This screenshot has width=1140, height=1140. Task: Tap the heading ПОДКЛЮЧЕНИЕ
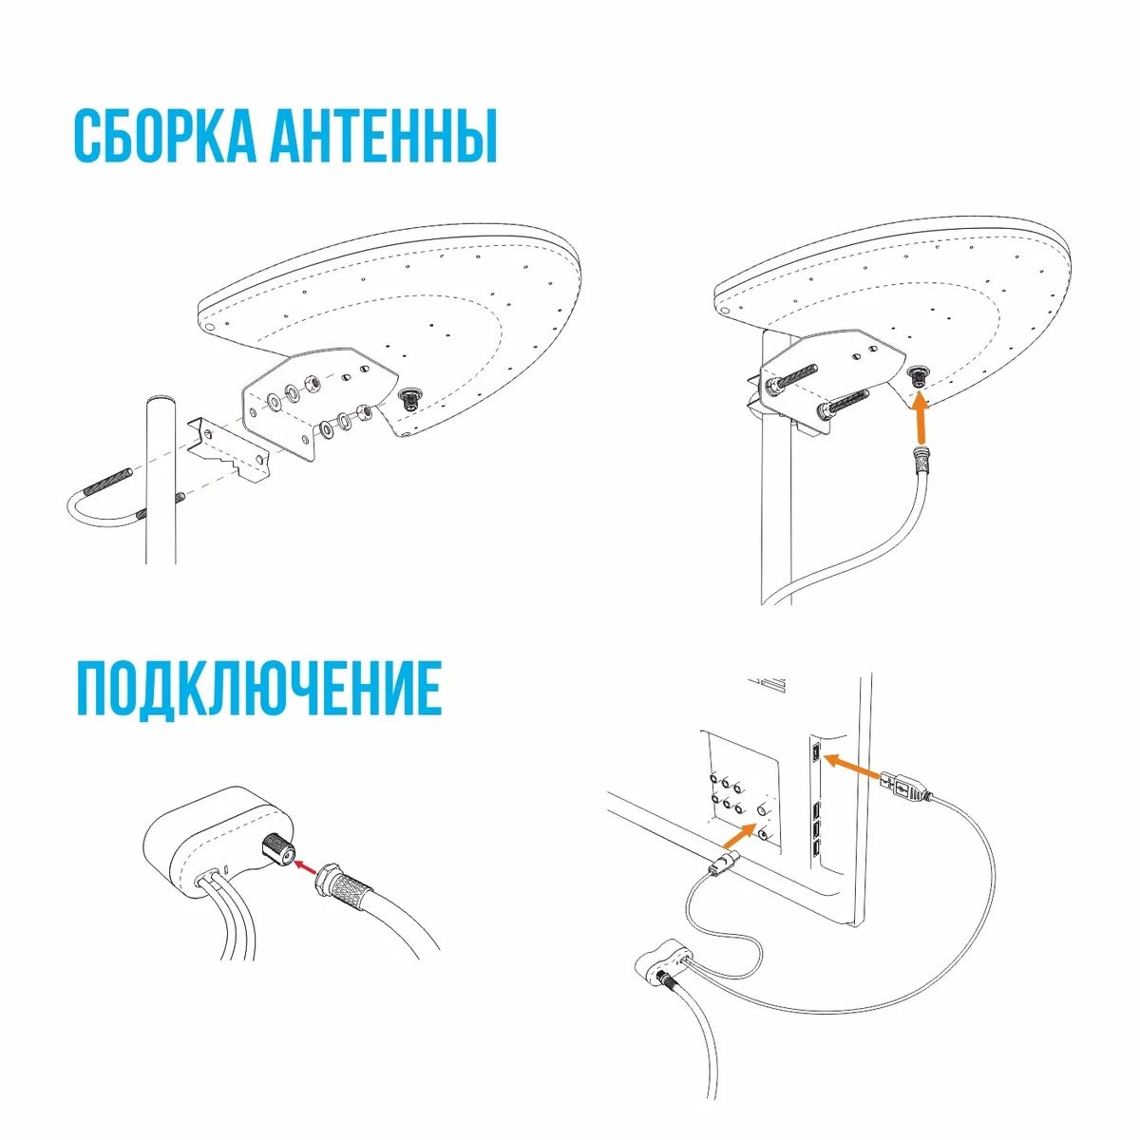259,690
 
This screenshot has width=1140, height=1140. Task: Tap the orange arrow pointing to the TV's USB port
852,767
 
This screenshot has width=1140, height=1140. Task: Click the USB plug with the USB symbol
904,787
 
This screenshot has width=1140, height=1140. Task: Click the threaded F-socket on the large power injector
276,850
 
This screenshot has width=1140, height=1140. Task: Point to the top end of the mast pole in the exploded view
161,401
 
